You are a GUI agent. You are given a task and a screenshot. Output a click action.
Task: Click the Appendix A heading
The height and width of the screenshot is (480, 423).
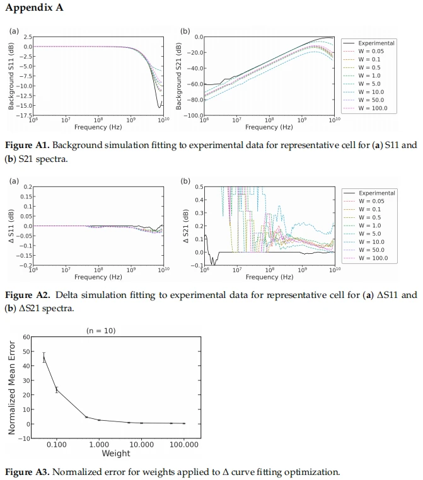click(34, 8)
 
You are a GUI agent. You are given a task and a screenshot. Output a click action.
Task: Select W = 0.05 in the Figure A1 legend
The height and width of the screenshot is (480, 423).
click(371, 52)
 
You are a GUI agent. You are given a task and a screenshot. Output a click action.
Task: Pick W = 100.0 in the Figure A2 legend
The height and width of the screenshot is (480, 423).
click(373, 258)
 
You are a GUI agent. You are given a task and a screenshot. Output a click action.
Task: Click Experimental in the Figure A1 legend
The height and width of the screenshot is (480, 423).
click(376, 43)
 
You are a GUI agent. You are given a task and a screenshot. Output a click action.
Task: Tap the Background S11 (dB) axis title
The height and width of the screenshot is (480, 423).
click(11, 76)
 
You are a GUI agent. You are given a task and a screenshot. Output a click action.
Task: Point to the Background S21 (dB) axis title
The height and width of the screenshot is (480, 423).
click(178, 76)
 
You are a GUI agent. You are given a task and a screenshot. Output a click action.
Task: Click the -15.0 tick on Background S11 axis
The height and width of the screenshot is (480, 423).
click(24, 106)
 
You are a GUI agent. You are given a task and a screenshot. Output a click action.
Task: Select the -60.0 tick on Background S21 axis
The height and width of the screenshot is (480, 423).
click(195, 84)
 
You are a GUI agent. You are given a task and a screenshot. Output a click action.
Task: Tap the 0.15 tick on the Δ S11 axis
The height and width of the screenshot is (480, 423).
click(26, 197)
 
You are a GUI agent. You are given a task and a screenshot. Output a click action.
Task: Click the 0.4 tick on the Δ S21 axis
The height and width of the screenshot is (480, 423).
click(199, 200)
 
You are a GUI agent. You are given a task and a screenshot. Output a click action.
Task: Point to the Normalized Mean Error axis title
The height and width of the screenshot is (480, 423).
click(11, 387)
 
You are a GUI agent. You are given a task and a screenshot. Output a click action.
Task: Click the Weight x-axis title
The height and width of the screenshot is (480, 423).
click(116, 454)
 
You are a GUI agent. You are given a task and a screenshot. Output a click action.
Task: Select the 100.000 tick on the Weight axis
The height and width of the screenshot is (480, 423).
click(184, 445)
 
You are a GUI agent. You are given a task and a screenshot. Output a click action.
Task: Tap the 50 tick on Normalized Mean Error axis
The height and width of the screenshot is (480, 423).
click(26, 351)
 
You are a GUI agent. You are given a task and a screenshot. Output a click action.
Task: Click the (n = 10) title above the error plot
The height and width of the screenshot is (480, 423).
click(101, 331)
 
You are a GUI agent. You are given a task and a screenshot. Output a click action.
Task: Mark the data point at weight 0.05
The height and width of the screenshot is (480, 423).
click(44, 357)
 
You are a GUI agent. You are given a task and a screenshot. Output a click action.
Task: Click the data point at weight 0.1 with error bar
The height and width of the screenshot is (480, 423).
click(57, 390)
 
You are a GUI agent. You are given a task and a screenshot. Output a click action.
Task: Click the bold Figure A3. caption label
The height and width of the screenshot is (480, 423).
click(27, 472)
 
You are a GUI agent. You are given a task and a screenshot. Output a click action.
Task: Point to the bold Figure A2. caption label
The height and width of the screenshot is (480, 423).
click(27, 295)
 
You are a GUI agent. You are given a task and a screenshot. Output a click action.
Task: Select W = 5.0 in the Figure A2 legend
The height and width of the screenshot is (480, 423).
click(369, 234)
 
